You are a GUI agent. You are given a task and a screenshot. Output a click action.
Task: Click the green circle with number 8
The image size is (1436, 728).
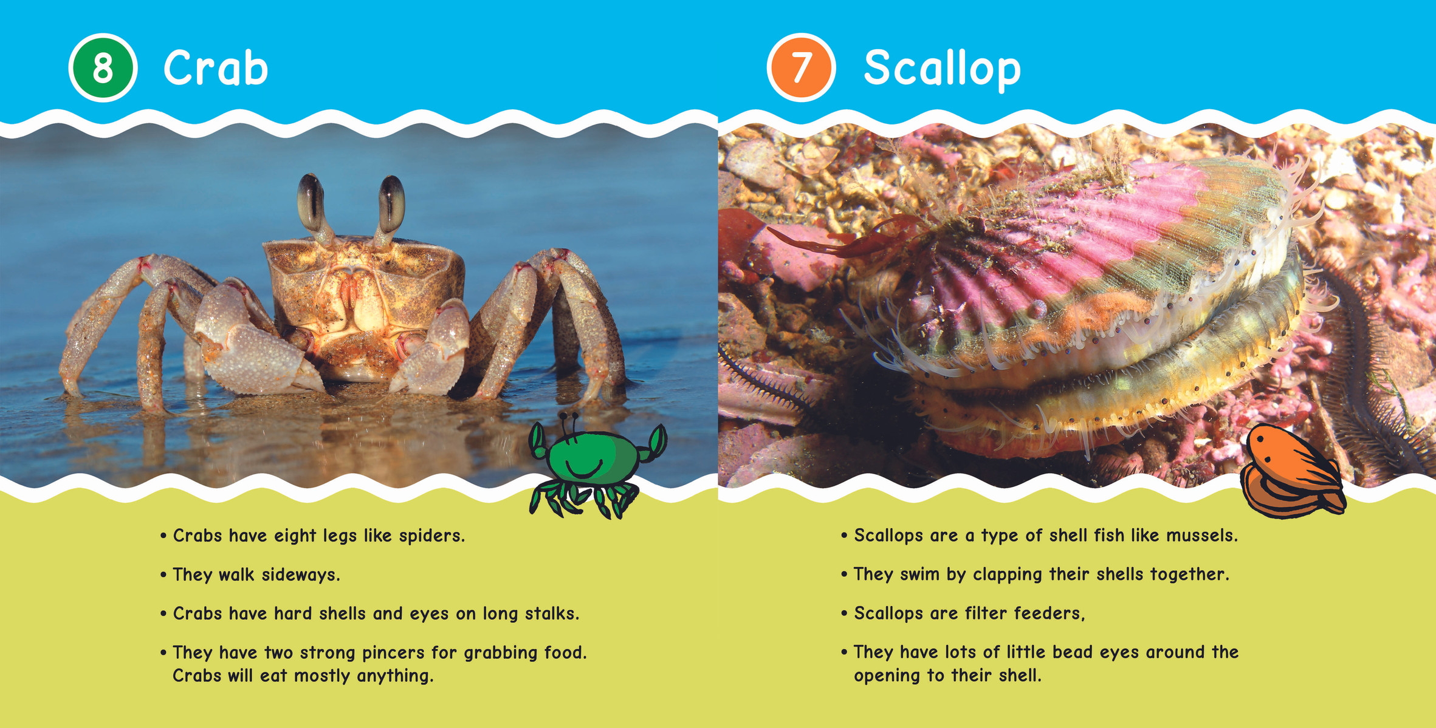pyautogui.click(x=103, y=67)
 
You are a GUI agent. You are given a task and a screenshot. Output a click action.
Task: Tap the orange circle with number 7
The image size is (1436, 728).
pyautogui.click(x=801, y=67)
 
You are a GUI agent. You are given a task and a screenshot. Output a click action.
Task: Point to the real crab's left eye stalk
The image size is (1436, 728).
pyautogui.click(x=312, y=206)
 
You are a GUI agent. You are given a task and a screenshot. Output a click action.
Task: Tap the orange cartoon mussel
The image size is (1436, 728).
pyautogui.click(x=1293, y=471)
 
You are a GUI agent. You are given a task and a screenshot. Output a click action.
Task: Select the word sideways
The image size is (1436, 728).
pyautogui.click(x=301, y=575)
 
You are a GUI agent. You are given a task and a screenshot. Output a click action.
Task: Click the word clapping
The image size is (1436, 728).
pyautogui.click(x=1008, y=575)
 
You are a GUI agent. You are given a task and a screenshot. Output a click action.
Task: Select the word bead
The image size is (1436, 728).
pyautogui.click(x=1073, y=652)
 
